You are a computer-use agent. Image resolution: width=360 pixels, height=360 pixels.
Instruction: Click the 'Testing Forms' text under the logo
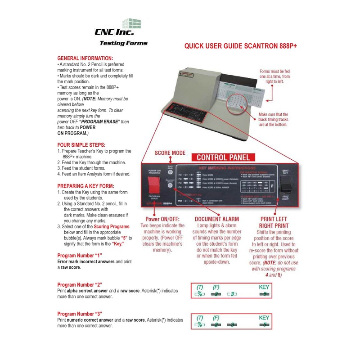pos(123,44)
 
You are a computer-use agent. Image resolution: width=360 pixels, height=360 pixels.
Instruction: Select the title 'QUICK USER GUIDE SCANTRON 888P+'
pos(241,46)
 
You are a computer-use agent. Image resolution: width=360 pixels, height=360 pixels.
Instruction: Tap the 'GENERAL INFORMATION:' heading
pos(85,58)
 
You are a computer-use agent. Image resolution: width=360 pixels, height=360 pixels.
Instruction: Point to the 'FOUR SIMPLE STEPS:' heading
pos(81,144)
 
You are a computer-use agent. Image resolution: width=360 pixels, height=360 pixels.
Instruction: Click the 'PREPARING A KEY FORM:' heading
pos(85,186)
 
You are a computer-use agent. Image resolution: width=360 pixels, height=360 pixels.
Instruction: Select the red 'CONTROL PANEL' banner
pos(224,157)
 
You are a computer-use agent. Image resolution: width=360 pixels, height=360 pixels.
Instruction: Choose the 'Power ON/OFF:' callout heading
pos(162,219)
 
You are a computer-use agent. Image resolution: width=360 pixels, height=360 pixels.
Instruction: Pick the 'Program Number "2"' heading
pos(80,285)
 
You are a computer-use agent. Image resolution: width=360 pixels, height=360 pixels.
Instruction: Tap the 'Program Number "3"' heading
pos(80,314)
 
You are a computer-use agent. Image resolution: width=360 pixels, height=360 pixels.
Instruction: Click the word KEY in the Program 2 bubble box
pos(264,287)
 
